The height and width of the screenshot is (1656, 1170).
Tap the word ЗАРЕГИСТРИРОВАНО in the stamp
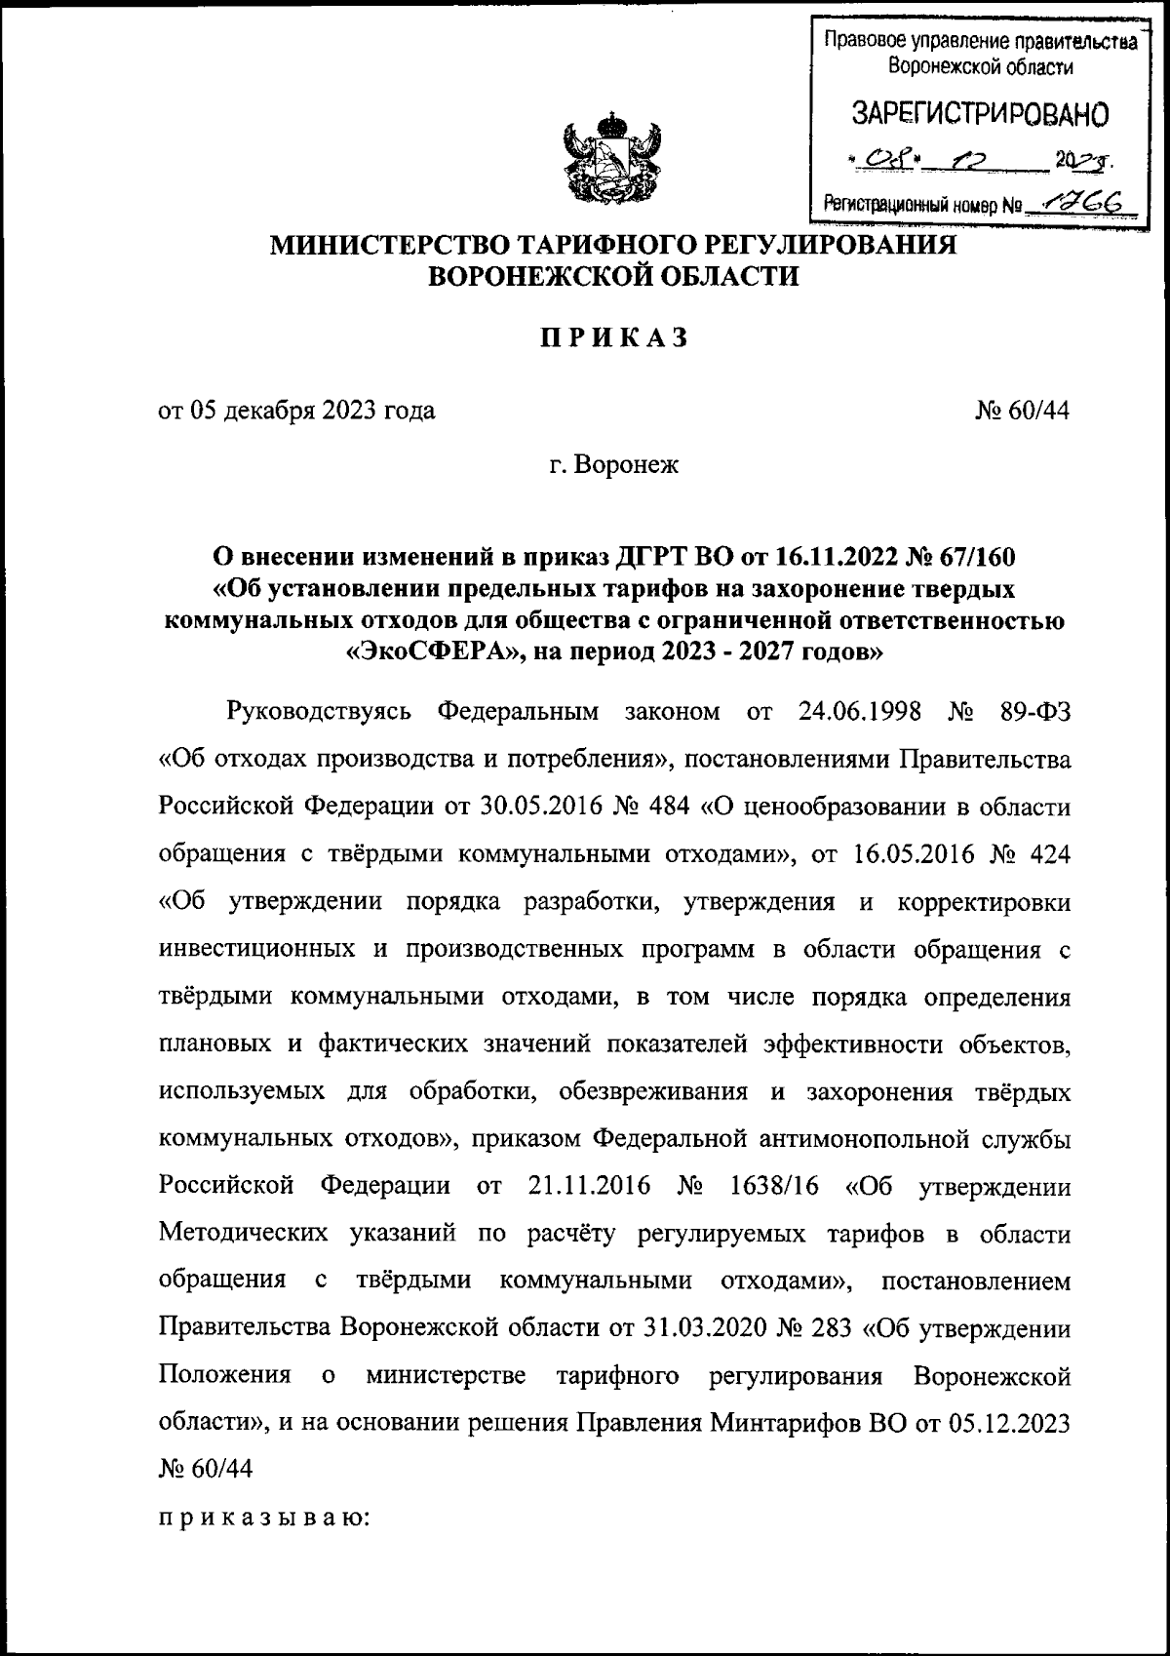980,114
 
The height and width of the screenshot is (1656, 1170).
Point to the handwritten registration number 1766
1091,201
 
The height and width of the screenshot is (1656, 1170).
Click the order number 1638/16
776,1187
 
